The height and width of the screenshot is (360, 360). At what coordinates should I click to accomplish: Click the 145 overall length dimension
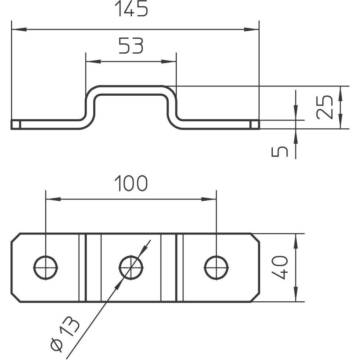[x=131, y=9]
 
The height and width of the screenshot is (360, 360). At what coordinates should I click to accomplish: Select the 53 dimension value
[x=131, y=46]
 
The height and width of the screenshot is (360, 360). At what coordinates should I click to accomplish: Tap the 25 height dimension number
[x=324, y=107]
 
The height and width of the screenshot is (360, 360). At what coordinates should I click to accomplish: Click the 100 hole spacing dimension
[x=131, y=183]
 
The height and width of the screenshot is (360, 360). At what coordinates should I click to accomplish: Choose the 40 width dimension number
[x=279, y=268]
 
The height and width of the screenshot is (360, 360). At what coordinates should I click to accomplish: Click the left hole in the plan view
[x=46, y=268]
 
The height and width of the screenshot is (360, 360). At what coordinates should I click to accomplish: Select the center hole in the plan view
[x=131, y=268]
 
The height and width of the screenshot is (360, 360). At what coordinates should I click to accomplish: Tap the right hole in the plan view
[x=217, y=268]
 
